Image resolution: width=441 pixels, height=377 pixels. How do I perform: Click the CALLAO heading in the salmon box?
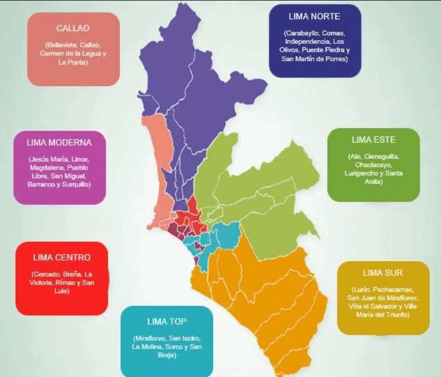73,28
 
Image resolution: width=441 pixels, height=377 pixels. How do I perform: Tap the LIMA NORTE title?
315,16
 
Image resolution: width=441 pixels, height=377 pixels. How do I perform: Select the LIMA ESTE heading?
373,139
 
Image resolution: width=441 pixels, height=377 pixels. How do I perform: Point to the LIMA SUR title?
383,273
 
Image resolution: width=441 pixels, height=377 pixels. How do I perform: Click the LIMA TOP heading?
167,321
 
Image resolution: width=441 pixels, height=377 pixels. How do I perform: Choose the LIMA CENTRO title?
61,257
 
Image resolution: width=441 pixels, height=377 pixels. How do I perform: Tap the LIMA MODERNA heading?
59,142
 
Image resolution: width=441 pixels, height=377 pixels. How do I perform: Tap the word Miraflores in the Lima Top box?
150,339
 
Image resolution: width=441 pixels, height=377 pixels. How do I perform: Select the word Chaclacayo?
373,165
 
